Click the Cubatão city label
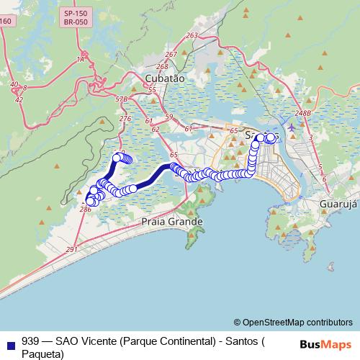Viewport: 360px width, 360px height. point(165,78)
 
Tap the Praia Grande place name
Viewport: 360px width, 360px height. point(173,222)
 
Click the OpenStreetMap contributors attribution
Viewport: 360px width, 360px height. point(293,323)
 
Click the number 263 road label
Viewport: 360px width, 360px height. point(192,35)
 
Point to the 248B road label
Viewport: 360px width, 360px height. point(302,113)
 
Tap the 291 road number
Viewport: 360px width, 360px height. point(71,249)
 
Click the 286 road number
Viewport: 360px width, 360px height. point(85,209)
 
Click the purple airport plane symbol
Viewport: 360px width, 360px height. point(291,127)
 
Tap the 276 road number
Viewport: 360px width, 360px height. point(125,119)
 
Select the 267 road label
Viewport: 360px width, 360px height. point(171,55)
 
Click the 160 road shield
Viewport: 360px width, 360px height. point(6,21)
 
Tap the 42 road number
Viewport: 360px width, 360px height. point(19,99)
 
